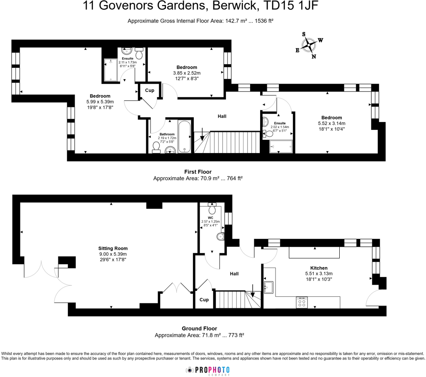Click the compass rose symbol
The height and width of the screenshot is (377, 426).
[309, 45]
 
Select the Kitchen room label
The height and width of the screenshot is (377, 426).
[319, 268]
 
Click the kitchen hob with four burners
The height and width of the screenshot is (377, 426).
[302, 302]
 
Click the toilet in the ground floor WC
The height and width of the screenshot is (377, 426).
[221, 237]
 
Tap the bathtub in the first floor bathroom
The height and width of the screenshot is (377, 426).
[184, 137]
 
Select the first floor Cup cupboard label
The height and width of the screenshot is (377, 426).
[149, 90]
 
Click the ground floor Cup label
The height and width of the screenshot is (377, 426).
[204, 300]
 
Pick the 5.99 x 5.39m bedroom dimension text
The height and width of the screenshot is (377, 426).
[100, 102]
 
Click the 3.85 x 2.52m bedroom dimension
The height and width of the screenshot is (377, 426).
[187, 73]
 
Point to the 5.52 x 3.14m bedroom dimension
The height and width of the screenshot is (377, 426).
[331, 123]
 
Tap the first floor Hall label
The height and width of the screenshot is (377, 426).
[222, 116]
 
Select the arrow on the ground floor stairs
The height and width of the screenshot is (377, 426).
[253, 289]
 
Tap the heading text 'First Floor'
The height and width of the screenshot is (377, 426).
[198, 172]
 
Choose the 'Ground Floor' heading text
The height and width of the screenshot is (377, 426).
[199, 329]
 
